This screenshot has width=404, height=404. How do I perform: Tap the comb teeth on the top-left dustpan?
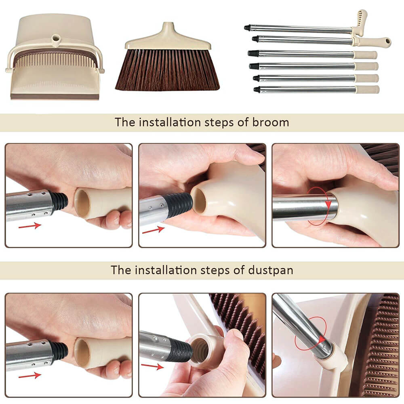coord(55,61)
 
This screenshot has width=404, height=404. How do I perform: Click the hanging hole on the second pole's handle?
coord(387,41)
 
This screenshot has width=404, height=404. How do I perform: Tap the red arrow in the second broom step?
coord(153,230)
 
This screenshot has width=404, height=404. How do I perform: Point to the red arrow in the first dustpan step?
coord(30,375)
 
